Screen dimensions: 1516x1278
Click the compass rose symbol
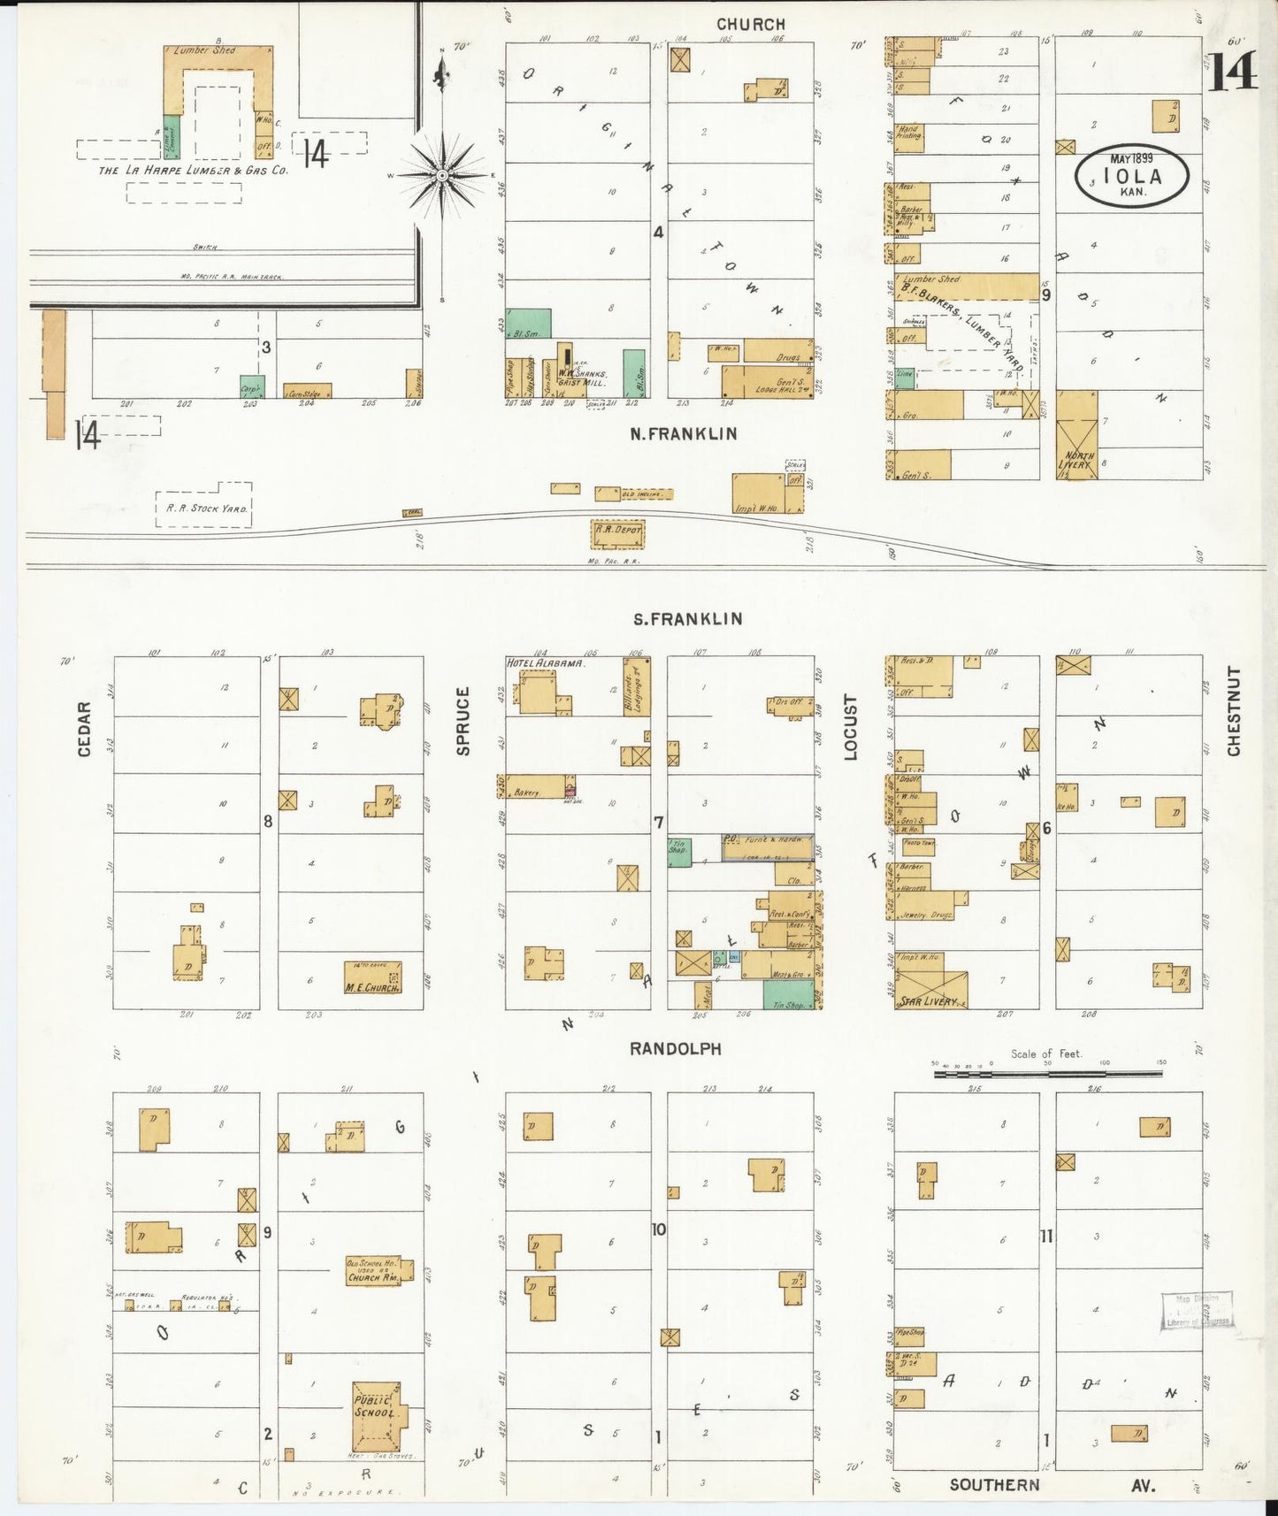click(x=441, y=176)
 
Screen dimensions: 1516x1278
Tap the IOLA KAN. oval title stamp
click(x=1132, y=177)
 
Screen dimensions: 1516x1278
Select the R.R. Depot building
click(x=617, y=533)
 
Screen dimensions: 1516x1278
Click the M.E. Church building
click(x=371, y=977)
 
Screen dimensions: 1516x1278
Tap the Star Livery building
click(x=930, y=991)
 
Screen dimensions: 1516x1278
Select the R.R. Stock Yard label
click(x=204, y=509)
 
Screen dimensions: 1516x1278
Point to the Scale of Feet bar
click(x=1048, y=1073)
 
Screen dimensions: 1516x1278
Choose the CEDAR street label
click(x=85, y=729)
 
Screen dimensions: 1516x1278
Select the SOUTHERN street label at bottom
click(x=994, y=1484)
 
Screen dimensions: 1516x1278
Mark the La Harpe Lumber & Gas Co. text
click(x=193, y=169)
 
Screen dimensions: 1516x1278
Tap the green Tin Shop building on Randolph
click(x=788, y=995)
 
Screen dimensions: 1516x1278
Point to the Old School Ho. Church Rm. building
click(x=372, y=1271)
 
